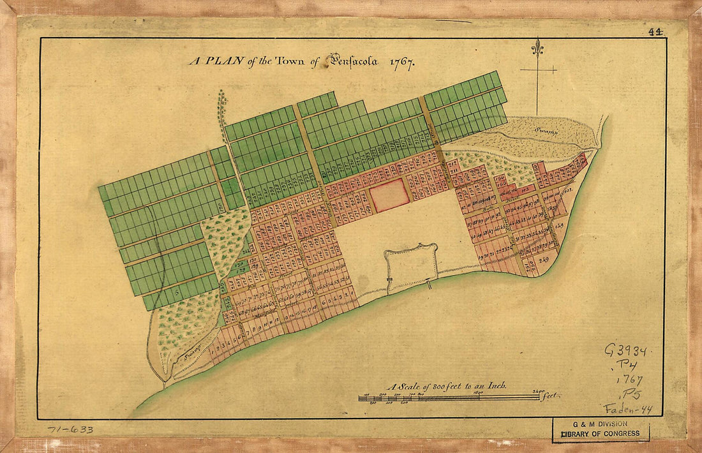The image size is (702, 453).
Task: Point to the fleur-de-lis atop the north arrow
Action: coord(537,47)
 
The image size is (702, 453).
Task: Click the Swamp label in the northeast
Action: coord(546,132)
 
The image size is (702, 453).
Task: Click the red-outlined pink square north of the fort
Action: coord(389,195)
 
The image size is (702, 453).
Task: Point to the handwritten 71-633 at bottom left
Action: coord(70,429)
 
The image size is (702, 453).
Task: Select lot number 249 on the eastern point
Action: coord(544,260)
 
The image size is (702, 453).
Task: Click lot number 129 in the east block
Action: coord(560,226)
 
